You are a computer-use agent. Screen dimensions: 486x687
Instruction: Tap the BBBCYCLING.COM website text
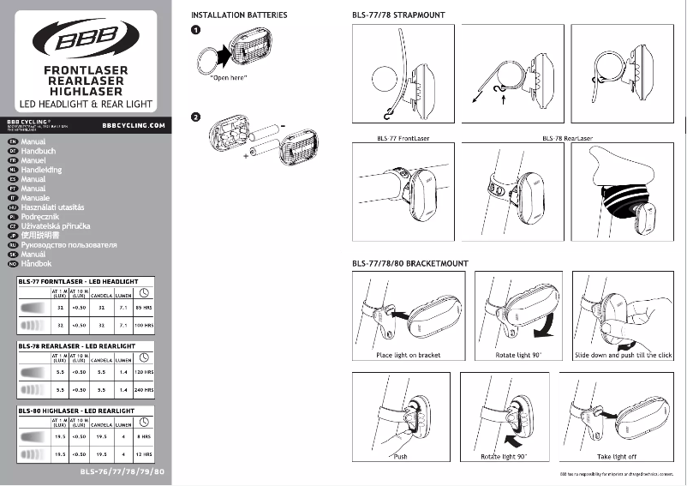tap(133, 124)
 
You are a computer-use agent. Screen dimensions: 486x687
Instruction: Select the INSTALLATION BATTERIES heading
tap(238, 15)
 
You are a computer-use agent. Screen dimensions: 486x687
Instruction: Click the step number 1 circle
tap(196, 30)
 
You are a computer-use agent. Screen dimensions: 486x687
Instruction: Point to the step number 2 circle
tap(196, 117)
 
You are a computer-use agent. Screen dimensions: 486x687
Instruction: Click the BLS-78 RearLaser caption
tap(567, 137)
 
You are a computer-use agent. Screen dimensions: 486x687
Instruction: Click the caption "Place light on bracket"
tap(407, 355)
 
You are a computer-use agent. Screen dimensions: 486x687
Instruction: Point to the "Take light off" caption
tap(617, 457)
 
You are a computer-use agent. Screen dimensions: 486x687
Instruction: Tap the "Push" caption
tap(401, 457)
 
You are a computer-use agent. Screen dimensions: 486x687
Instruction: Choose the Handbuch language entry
tap(39, 151)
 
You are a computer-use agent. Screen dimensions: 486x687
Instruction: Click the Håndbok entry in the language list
tap(36, 264)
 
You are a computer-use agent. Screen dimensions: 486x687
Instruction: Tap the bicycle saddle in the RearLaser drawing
tap(624, 167)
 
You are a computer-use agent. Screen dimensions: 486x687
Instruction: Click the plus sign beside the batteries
tap(244, 157)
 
